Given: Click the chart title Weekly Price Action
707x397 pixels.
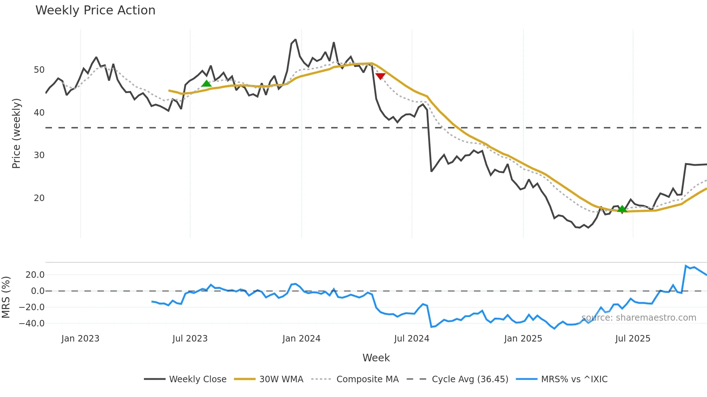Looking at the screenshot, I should click(95, 10).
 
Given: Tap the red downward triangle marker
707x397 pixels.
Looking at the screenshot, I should click(380, 76).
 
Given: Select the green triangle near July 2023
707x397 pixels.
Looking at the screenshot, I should click(206, 84).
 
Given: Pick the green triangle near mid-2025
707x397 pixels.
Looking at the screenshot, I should click(622, 209).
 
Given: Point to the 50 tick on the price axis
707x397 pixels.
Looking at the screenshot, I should click(39, 70).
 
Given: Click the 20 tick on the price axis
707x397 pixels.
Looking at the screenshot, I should click(39, 198).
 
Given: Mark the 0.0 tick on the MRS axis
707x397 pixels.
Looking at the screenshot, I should click(38, 291).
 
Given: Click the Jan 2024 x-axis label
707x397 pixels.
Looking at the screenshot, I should click(301, 339).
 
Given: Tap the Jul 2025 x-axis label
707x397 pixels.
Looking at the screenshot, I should click(633, 339).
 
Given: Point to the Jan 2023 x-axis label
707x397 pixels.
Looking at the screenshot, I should click(80, 339).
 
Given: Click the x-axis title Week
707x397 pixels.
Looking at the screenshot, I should click(376, 358).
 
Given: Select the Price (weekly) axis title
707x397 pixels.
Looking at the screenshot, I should click(16, 133).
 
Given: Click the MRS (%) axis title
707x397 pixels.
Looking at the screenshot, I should click(6, 297).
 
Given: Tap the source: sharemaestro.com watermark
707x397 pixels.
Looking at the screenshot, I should click(638, 318).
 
